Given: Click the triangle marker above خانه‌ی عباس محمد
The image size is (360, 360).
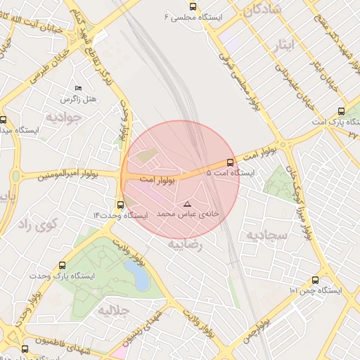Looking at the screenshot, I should [x=187, y=202].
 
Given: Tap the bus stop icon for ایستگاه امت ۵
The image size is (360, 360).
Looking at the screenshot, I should [x=229, y=163].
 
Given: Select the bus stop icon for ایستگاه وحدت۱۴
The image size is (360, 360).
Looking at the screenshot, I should [x=120, y=205].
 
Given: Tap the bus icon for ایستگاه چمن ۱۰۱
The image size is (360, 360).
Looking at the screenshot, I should [x=325, y=280].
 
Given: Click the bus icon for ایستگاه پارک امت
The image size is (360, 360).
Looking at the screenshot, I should [x=342, y=111].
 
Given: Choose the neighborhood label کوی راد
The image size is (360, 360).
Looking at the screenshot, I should [x=31, y=225].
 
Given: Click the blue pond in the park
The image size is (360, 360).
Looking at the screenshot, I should [x=139, y=276].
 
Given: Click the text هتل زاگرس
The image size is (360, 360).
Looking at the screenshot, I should [x=79, y=100].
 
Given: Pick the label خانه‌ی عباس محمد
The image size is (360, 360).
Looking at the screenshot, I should [x=188, y=212].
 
